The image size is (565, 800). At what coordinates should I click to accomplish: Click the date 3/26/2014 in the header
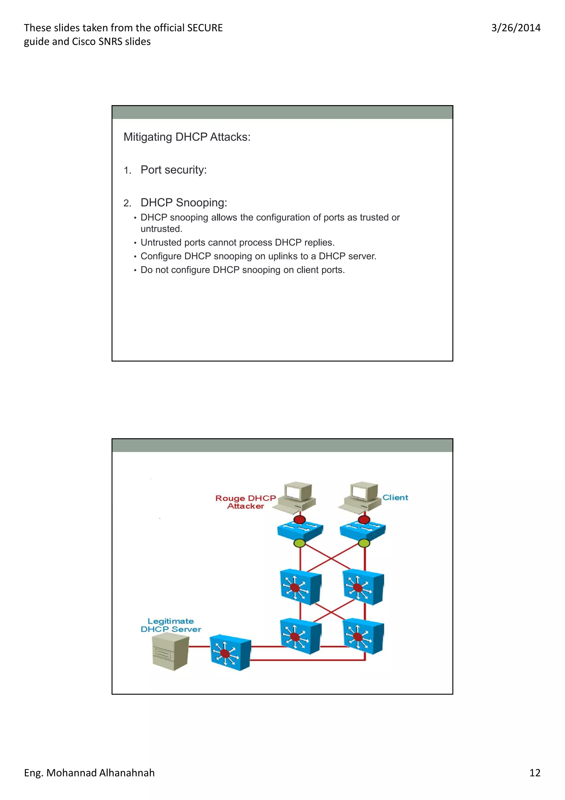[x=516, y=28]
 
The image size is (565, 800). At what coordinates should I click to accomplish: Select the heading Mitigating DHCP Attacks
[x=187, y=137]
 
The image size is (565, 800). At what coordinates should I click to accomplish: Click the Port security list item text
[x=173, y=170]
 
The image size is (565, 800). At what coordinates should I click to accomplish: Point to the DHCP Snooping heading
[x=183, y=202]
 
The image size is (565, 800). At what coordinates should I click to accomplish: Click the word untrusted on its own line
[x=161, y=229]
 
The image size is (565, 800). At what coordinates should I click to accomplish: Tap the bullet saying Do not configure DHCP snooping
[x=242, y=270]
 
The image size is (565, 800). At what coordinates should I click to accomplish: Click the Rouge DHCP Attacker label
[x=246, y=502]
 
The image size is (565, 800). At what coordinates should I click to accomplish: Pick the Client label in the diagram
[x=395, y=497]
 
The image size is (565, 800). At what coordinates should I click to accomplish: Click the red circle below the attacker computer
[x=299, y=520]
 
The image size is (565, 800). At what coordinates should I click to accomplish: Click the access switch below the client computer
[x=363, y=531]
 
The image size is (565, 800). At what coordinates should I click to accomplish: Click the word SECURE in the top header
[x=205, y=28]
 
